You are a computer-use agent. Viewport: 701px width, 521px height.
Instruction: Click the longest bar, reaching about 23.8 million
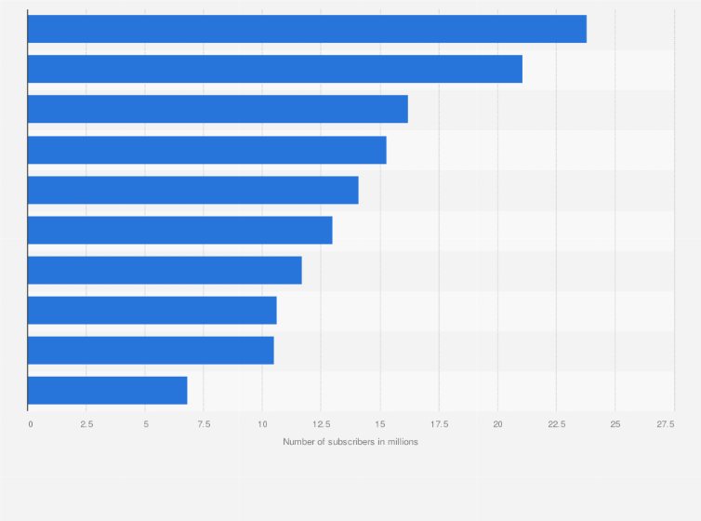click(x=307, y=29)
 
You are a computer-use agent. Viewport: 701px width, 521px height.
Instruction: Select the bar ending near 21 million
click(x=275, y=69)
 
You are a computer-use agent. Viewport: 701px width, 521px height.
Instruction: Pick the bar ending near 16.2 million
click(x=218, y=109)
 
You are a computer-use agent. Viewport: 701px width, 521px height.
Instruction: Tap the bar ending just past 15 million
click(x=206, y=150)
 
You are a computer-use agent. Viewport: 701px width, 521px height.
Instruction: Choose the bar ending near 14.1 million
click(x=192, y=190)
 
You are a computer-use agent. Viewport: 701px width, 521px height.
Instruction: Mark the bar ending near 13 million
click(x=179, y=230)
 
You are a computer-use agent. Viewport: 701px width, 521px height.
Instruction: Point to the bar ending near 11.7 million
click(x=165, y=270)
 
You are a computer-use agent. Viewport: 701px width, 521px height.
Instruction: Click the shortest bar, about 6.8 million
click(x=107, y=390)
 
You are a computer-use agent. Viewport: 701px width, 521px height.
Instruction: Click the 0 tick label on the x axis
click(x=30, y=424)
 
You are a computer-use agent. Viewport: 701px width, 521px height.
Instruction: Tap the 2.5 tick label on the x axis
click(x=86, y=424)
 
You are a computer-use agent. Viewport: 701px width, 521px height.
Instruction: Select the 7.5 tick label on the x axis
click(x=204, y=424)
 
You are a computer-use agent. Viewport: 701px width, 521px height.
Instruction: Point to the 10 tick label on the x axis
click(x=262, y=424)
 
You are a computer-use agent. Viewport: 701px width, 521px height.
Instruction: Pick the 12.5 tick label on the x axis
click(x=321, y=424)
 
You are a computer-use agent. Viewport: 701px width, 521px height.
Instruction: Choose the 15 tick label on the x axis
click(x=379, y=424)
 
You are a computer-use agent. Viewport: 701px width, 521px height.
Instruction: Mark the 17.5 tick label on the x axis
click(x=438, y=424)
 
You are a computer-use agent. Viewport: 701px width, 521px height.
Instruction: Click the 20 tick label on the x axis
click(x=497, y=424)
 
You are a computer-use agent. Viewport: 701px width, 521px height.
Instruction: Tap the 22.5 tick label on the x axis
click(x=556, y=424)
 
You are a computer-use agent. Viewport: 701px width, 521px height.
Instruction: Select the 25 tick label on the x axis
click(x=615, y=424)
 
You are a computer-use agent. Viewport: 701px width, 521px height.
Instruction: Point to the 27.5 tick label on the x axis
click(x=666, y=424)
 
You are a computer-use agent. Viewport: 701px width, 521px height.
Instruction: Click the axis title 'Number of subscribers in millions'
click(x=350, y=441)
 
